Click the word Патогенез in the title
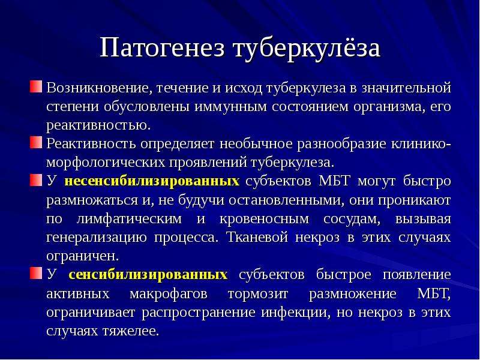162,48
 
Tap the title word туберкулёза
307,49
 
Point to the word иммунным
231,107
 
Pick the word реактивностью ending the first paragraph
98,126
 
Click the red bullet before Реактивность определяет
36,143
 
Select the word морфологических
106,163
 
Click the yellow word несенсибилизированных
152,181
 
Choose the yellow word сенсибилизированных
148,275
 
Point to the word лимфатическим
129,219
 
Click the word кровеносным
264,219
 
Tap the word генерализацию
97,238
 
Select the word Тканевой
257,237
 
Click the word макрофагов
169,294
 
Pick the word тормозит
258,294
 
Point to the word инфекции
296,313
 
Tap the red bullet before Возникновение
36,86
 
